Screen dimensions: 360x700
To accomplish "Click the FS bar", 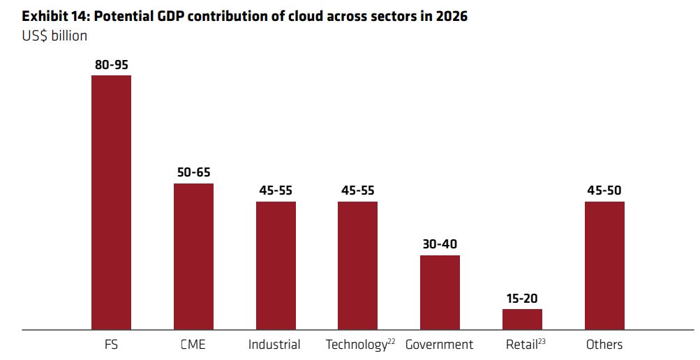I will pos(112,202).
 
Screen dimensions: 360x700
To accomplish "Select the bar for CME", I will pos(193,256).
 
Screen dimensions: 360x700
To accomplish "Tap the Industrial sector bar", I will pos(276,265).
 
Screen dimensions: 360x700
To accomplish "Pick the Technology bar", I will pos(357,265).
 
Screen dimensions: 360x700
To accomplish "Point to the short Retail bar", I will pos(522,319).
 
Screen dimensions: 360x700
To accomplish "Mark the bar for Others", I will pos(604,265).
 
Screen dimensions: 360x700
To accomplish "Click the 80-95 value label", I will pos(112,65).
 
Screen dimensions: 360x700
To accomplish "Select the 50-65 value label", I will pos(193,173).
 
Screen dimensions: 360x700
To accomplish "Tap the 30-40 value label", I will pos(440,245).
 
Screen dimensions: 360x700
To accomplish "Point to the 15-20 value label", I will pos(522,299).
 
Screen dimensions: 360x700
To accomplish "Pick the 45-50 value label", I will pos(604,191).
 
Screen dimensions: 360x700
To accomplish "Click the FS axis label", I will pos(111,345).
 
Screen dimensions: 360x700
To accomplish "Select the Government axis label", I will pos(439,345).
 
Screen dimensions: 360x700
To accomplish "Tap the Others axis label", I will pos(604,345).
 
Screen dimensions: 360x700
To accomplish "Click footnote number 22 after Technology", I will pos(392,340).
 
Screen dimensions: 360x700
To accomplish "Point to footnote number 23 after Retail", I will pos(541,340).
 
